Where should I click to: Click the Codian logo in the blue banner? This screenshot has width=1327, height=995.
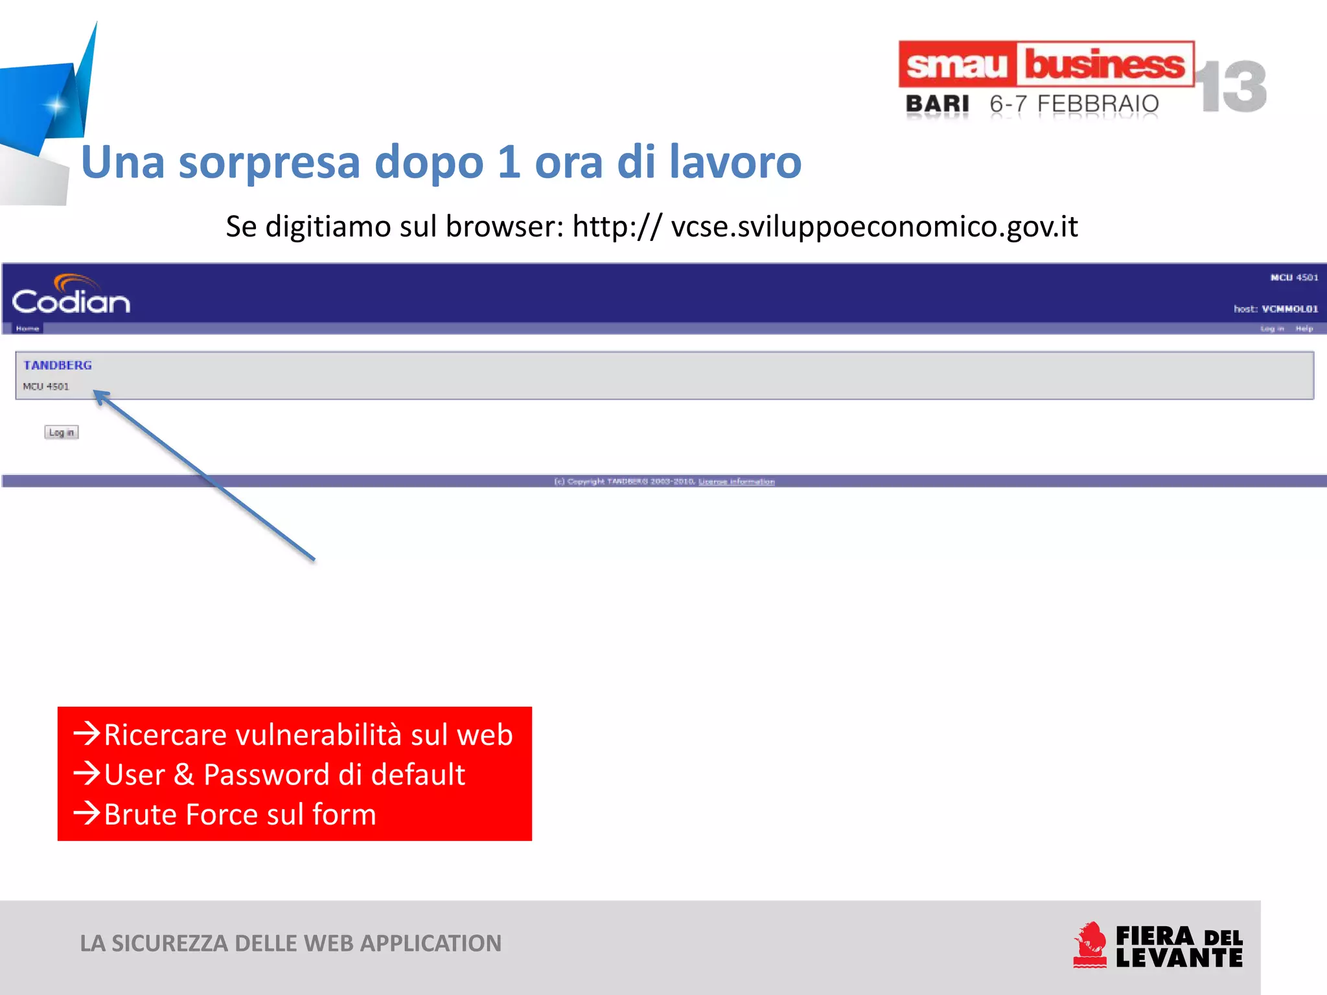[71, 296]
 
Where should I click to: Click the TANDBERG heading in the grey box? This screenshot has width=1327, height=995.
[58, 365]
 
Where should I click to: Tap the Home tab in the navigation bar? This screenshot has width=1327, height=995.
[27, 328]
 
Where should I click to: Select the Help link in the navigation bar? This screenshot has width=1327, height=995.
[1304, 328]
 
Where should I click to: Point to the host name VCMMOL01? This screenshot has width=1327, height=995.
[1289, 309]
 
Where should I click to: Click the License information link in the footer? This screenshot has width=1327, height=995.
[736, 481]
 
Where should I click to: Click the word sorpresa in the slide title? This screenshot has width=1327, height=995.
[268, 162]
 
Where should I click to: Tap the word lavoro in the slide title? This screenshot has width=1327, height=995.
[735, 162]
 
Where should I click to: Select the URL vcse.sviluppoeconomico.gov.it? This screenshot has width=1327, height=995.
[874, 227]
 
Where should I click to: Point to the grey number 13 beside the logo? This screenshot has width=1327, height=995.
[1230, 87]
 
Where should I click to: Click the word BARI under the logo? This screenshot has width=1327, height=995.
[937, 104]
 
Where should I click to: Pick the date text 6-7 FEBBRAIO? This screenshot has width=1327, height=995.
[1074, 104]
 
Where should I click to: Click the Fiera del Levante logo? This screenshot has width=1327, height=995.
[1158, 946]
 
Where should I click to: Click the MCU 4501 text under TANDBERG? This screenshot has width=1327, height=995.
[46, 387]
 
